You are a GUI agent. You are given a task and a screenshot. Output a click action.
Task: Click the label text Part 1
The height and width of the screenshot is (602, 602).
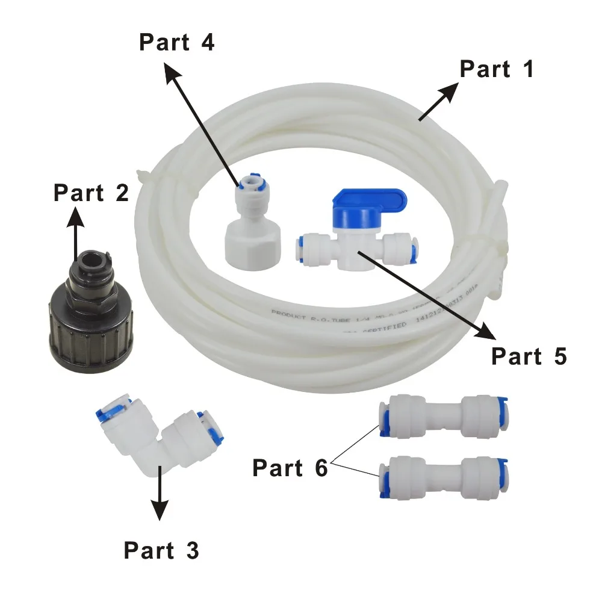pos(497,69)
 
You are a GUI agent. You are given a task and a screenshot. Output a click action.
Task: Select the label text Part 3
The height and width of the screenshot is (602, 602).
pos(161,550)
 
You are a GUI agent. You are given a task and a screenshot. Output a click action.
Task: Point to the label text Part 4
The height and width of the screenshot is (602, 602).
pos(176,43)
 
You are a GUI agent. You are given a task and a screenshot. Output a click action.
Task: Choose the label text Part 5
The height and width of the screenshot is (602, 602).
pos(529,356)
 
